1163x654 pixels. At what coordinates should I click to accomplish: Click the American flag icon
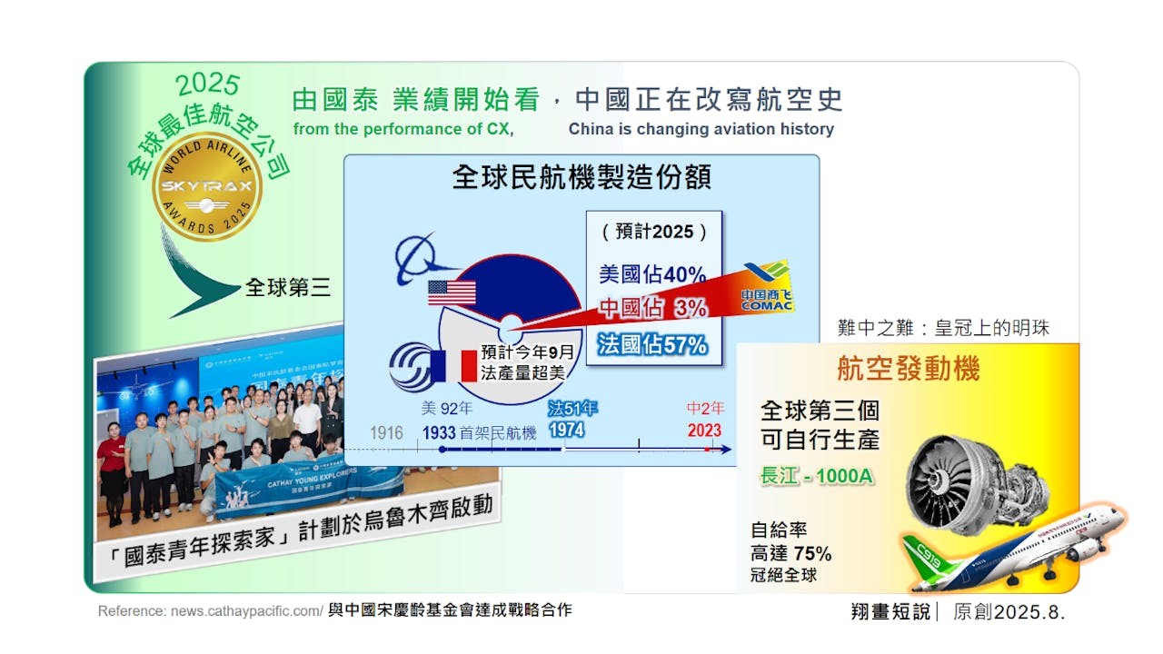pos(452,292)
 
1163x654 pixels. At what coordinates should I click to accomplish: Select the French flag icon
pos(454,365)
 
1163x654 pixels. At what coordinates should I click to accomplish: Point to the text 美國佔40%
pos(652,273)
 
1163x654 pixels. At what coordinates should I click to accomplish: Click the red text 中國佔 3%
pos(652,309)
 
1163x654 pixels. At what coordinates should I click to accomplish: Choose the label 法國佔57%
pos(652,344)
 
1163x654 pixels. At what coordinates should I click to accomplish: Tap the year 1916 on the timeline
pos(386,432)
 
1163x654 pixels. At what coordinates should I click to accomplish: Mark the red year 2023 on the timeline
pos(704,431)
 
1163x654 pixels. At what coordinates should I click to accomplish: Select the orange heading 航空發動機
pos(909,370)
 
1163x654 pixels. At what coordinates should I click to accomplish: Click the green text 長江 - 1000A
pos(817,475)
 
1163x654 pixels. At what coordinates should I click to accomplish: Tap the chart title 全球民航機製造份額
pos(581,178)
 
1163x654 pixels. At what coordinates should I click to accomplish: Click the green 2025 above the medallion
pos(208,85)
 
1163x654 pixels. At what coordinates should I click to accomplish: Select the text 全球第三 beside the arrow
pos(287,288)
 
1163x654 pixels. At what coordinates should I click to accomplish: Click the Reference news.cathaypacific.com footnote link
pos(210,611)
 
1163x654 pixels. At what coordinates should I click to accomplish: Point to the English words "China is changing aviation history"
pos(701,129)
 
